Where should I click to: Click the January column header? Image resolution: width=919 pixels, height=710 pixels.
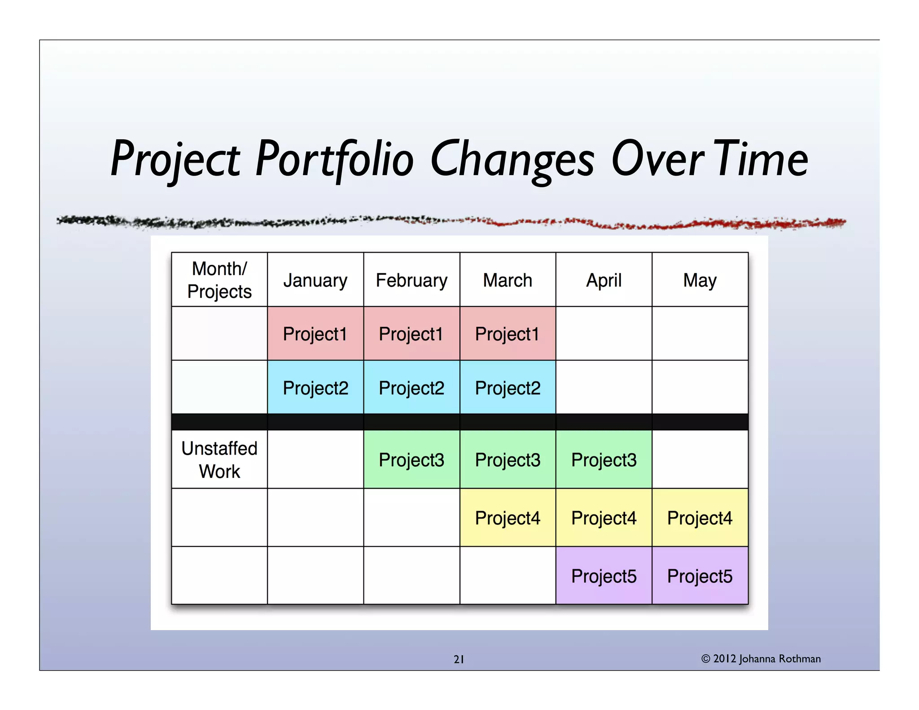pyautogui.click(x=315, y=280)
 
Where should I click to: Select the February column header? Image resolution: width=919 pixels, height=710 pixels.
pyautogui.click(x=411, y=280)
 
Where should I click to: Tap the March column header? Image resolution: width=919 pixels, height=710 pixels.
pyautogui.click(x=508, y=280)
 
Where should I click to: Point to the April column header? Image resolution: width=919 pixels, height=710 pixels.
pyautogui.click(x=604, y=280)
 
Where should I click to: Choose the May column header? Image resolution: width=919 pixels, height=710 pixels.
pyautogui.click(x=700, y=280)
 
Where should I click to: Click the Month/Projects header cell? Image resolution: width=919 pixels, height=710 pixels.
pyautogui.click(x=219, y=280)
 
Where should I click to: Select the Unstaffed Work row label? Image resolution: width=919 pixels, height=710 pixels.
pyautogui.click(x=219, y=460)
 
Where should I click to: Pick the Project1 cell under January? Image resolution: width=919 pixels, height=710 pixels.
pyautogui.click(x=315, y=334)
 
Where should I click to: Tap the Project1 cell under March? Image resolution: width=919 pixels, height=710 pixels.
pyautogui.click(x=508, y=334)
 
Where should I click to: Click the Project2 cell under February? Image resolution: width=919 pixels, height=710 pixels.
pyautogui.click(x=411, y=388)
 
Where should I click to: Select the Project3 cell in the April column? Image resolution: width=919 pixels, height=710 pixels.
pyautogui.click(x=604, y=460)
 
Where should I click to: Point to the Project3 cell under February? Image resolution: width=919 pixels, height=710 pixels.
pyautogui.click(x=411, y=460)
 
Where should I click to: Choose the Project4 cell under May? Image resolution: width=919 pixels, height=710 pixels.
pyautogui.click(x=700, y=518)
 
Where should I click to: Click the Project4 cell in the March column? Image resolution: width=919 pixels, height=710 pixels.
pyautogui.click(x=508, y=518)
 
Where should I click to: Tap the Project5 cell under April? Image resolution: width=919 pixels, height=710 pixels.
pyautogui.click(x=604, y=576)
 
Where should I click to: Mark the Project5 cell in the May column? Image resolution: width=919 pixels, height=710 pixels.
pyautogui.click(x=700, y=576)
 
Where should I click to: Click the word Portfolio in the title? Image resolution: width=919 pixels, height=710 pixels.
pyautogui.click(x=334, y=159)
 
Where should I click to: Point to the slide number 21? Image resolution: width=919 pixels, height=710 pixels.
pyautogui.click(x=459, y=659)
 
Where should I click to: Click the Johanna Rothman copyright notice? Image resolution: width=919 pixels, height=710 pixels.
pyautogui.click(x=761, y=658)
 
